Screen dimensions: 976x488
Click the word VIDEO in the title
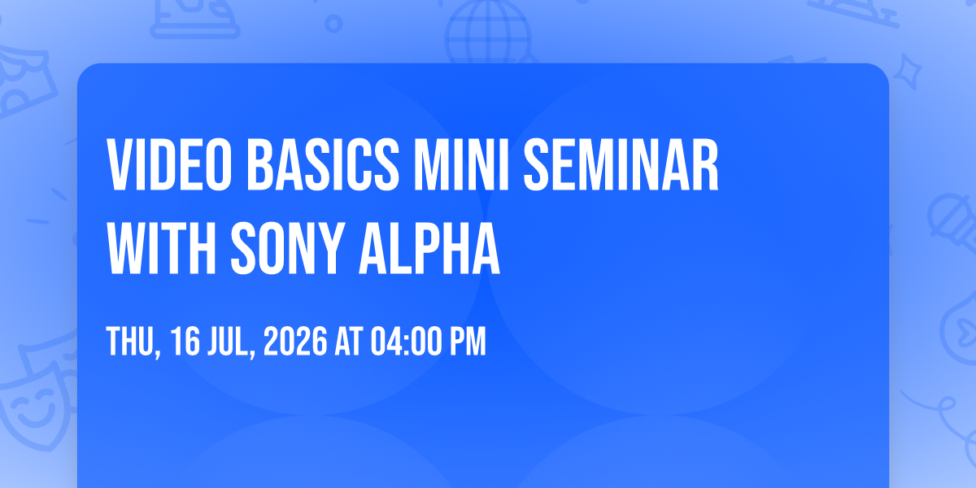pyautogui.click(x=169, y=164)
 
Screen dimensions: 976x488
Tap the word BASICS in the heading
pyautogui.click(x=323, y=164)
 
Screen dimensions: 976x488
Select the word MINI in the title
pyautogui.click(x=461, y=164)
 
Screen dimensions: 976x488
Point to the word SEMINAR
pyautogui.click(x=621, y=164)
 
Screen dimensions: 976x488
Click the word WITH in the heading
pyautogui.click(x=162, y=248)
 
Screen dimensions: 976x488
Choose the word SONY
pyautogui.click(x=285, y=248)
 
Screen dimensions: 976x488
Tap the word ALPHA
pyautogui.click(x=429, y=248)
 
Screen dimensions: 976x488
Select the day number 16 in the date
pyautogui.click(x=185, y=341)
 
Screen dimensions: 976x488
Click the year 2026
pyautogui.click(x=295, y=341)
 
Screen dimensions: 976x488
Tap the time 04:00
pyautogui.click(x=404, y=341)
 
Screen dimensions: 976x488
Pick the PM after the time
pyautogui.click(x=468, y=341)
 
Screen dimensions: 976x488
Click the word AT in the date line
pyautogui.click(x=349, y=341)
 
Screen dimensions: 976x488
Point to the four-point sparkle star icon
pyautogui.click(x=908, y=72)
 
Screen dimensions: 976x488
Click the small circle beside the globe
pyautogui.click(x=333, y=24)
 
